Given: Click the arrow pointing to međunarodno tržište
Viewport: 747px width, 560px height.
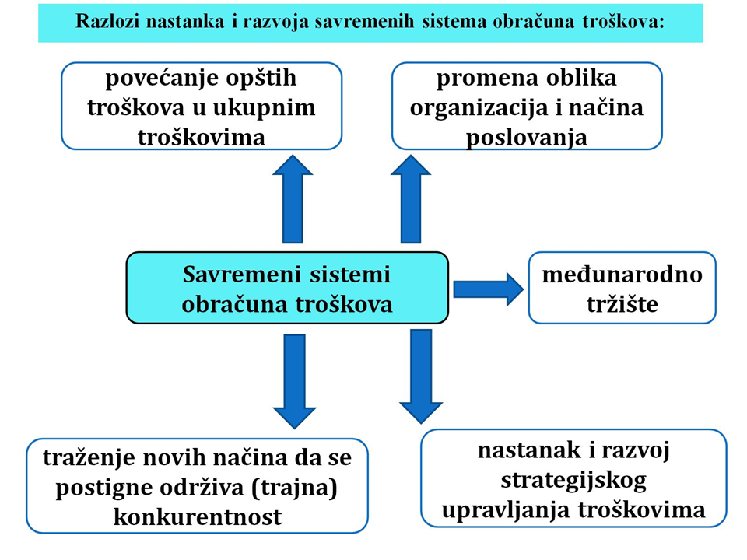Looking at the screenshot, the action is tap(489, 289).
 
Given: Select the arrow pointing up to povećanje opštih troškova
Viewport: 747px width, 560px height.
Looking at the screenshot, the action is tap(293, 199).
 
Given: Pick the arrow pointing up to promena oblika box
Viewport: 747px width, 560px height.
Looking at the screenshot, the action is tap(411, 199).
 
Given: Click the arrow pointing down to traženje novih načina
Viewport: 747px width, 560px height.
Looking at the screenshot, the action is tap(294, 381).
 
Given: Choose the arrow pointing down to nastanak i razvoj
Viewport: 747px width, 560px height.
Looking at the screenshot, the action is tap(421, 376).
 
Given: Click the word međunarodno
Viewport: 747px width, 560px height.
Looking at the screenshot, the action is tap(622, 275).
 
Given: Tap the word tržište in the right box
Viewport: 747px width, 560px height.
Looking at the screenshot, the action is tap(622, 304).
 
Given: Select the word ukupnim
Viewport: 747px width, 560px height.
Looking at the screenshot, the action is tap(264, 108).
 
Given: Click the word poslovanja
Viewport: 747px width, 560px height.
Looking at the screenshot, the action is tap(527, 138).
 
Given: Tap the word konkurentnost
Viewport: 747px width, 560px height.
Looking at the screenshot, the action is tap(198, 517).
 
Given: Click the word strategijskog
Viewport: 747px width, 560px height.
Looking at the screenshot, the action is tap(573, 481).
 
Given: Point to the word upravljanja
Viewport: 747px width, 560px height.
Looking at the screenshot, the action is tap(507, 511).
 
